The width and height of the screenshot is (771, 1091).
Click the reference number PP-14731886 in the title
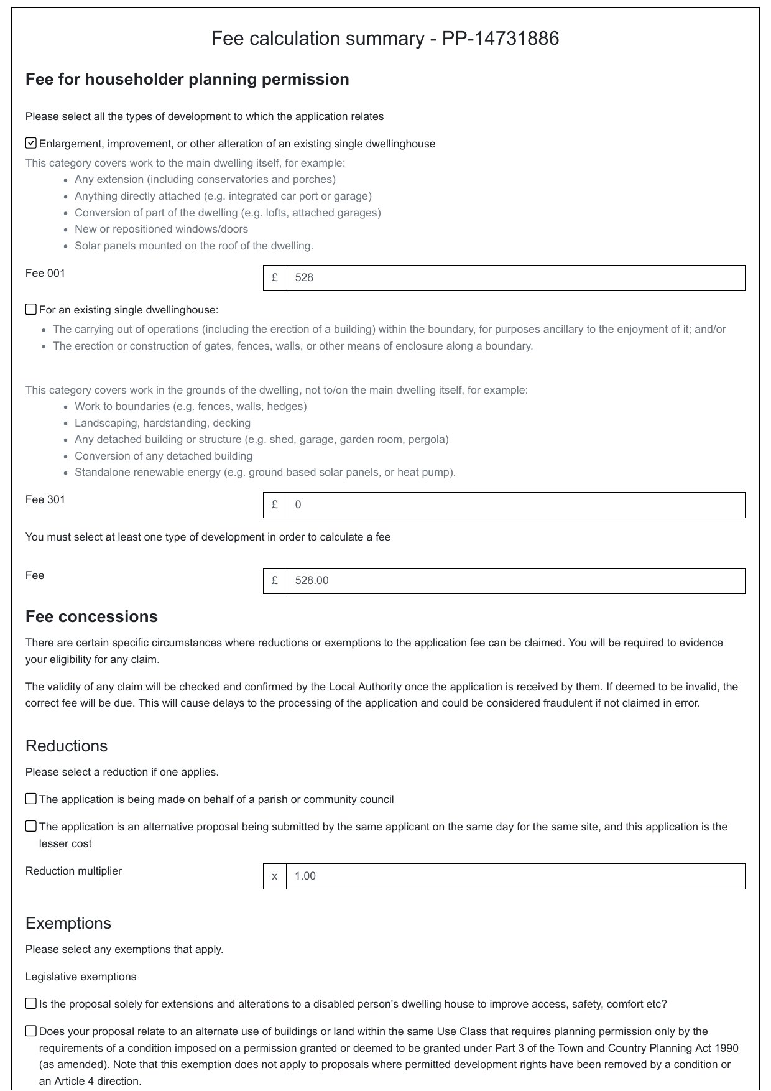point(501,39)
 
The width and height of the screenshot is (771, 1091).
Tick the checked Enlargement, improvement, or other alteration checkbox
point(31,144)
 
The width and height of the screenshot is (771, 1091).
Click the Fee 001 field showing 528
point(515,278)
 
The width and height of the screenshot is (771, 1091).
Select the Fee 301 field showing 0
point(515,504)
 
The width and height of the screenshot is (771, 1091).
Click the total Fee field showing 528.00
point(515,580)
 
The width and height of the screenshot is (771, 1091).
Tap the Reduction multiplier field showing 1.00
point(515,876)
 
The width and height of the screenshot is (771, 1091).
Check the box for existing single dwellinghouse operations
point(31,310)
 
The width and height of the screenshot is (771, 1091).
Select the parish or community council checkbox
point(31,799)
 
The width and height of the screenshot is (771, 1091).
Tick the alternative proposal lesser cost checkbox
point(31,826)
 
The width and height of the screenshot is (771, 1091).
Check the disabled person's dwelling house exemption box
point(31,1003)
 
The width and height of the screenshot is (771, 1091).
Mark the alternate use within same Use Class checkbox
point(31,1031)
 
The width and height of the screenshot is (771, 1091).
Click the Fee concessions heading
point(91,616)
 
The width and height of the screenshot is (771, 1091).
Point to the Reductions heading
point(67,746)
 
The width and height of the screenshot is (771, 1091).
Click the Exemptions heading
point(68,923)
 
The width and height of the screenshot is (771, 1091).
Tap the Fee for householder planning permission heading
point(187,79)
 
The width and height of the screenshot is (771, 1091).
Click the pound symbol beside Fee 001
point(275,278)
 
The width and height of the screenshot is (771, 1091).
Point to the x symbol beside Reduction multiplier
point(275,876)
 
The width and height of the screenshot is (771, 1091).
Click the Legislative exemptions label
point(81,977)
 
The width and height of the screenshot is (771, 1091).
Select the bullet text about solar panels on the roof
point(194,246)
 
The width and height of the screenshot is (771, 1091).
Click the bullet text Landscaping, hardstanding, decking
point(162,423)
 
